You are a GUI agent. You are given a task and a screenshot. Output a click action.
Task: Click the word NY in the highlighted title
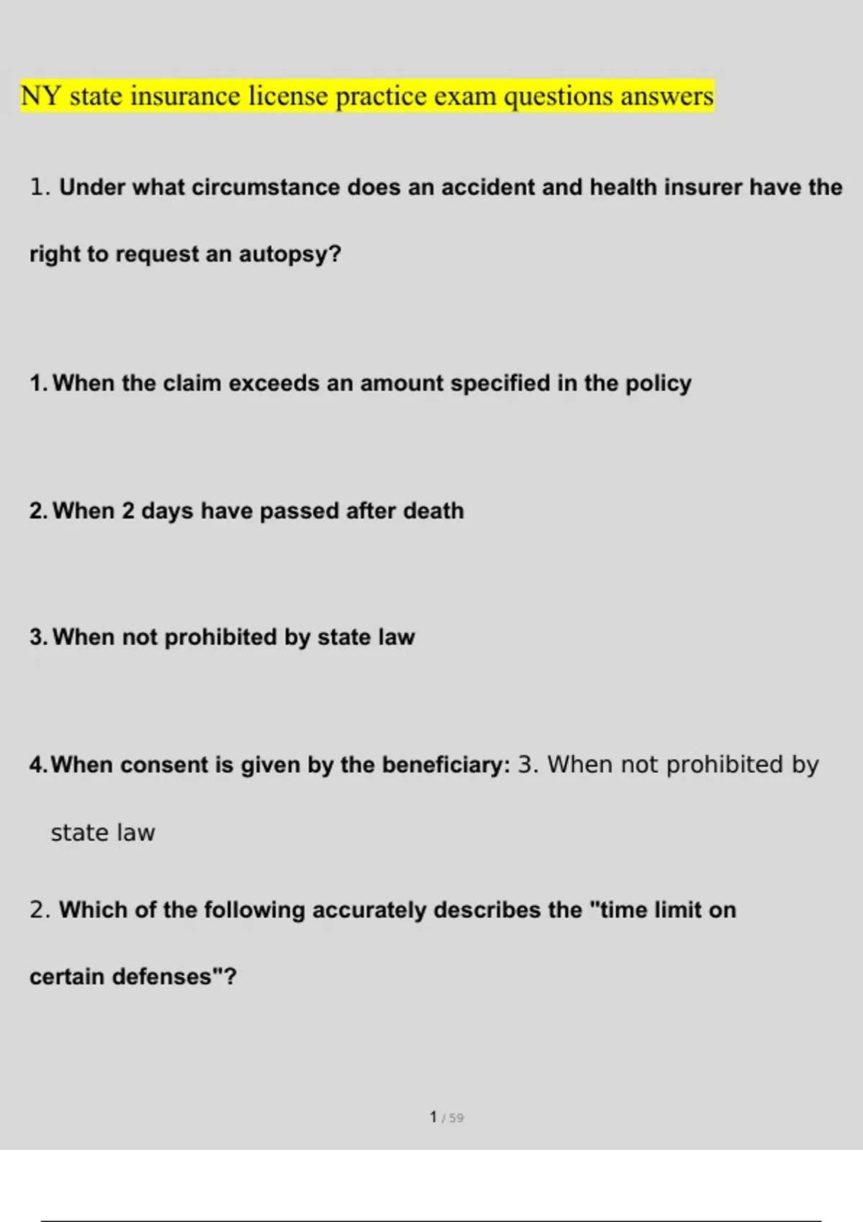tap(40, 96)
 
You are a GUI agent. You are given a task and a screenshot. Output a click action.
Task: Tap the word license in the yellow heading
tap(288, 96)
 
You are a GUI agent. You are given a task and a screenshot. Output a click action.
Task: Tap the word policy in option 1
tap(658, 383)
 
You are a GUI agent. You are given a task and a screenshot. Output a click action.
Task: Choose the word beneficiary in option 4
tap(446, 765)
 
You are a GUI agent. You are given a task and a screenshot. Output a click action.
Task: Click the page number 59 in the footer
tap(457, 1118)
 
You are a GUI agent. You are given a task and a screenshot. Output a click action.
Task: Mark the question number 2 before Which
tap(39, 910)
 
